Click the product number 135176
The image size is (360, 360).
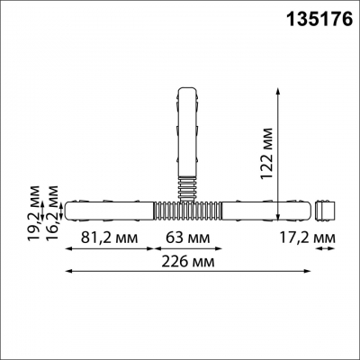tap(320, 19)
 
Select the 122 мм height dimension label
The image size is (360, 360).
tap(266, 154)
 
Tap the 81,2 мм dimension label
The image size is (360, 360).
tap(110, 238)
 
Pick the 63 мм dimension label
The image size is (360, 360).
tap(188, 238)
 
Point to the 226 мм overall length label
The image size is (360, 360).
tap(188, 262)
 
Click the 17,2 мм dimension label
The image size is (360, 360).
tap(307, 238)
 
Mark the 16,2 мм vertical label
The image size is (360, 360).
tap(52, 213)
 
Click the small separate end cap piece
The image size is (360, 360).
tap(325, 211)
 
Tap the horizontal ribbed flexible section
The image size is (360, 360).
tap(188, 211)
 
